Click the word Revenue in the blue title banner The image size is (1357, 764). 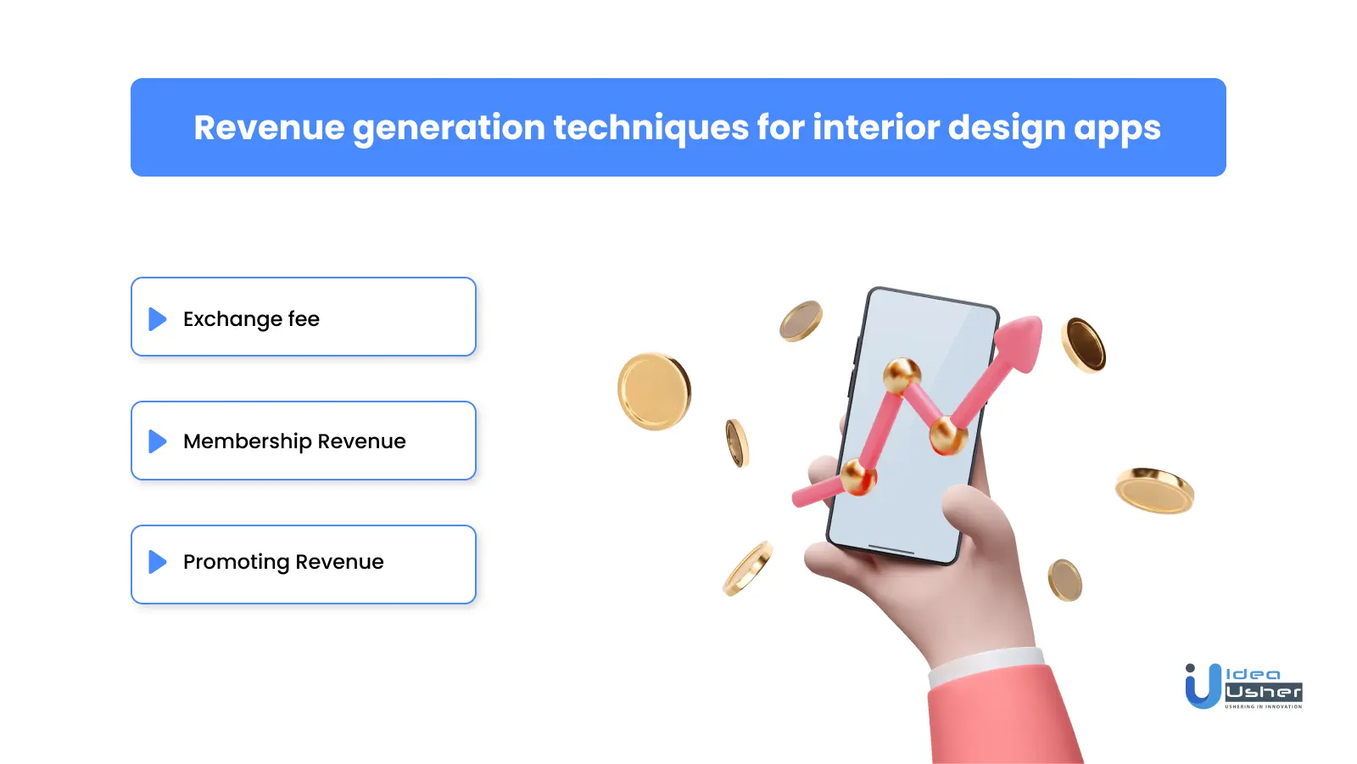(269, 128)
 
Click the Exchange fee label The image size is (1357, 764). (251, 319)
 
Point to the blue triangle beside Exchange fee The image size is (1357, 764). (157, 319)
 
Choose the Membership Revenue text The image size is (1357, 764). (294, 441)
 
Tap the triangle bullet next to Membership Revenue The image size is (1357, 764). (157, 441)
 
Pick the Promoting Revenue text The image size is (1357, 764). (283, 562)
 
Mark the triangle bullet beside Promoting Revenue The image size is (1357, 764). (157, 562)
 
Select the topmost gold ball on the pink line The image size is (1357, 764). (902, 374)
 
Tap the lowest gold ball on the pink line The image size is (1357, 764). (857, 476)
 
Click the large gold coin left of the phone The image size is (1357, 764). (654, 391)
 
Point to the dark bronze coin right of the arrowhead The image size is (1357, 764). (1084, 345)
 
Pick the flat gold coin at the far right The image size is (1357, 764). (1154, 490)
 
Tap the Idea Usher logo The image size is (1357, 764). (1243, 686)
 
